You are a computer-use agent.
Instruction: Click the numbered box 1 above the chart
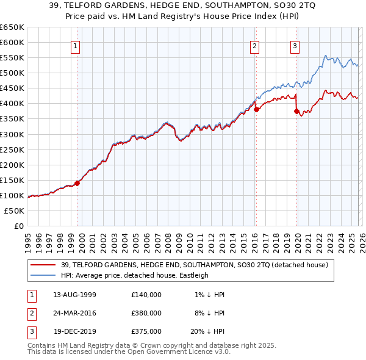click(75, 45)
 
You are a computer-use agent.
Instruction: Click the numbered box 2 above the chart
click(254, 45)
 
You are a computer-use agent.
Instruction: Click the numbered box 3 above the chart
click(295, 45)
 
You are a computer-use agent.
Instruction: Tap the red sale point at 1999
click(77, 183)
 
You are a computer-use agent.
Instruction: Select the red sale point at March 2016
click(256, 109)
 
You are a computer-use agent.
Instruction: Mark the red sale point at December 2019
click(297, 111)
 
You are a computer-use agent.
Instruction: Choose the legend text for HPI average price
click(135, 275)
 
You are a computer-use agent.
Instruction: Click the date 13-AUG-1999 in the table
click(74, 295)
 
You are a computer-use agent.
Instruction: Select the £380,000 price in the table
click(146, 313)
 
